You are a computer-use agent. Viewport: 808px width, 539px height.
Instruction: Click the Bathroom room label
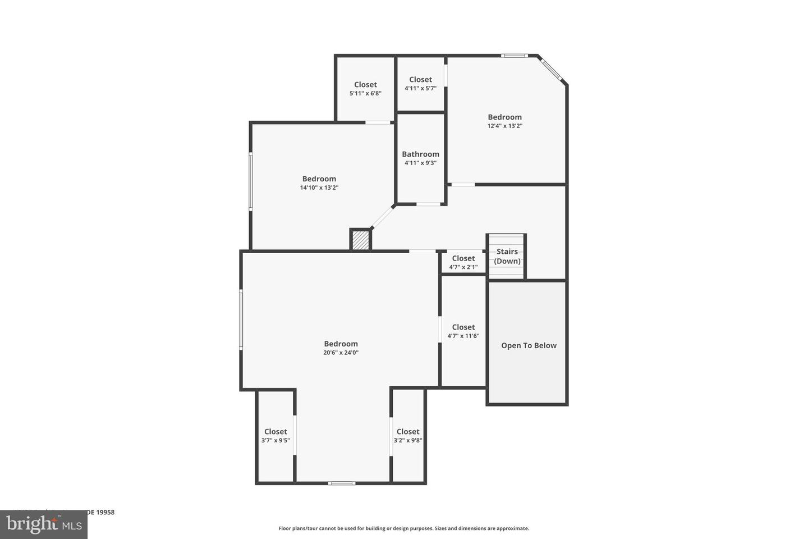tap(420, 154)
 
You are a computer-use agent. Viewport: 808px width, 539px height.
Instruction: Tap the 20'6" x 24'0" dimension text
tap(341, 353)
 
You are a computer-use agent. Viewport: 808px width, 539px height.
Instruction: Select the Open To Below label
tap(529, 346)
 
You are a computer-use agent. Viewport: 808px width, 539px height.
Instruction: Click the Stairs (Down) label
tap(507, 257)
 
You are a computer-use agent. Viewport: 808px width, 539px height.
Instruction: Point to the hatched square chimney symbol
tap(360, 240)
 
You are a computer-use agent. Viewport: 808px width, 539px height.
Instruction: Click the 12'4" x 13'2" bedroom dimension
tap(504, 126)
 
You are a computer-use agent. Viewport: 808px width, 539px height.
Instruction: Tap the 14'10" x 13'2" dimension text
tap(319, 188)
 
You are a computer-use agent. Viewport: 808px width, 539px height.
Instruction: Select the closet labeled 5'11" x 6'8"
tap(365, 89)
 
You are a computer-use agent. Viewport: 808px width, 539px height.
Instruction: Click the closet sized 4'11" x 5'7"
tap(420, 84)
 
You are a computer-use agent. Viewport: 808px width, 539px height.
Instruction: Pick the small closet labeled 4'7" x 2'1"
tap(463, 263)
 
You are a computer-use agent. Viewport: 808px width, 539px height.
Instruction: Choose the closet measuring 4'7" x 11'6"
tap(463, 331)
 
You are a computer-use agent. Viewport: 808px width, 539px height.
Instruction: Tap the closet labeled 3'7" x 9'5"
tap(276, 436)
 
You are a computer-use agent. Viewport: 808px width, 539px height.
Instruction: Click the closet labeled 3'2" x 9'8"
tap(408, 436)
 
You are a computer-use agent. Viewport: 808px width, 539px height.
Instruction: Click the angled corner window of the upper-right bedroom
tap(552, 69)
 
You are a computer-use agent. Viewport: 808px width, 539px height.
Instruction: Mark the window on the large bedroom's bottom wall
tap(341, 483)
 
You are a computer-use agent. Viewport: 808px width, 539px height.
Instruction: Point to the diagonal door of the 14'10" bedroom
tap(383, 217)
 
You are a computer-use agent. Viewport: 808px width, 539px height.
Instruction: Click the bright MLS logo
tap(44, 524)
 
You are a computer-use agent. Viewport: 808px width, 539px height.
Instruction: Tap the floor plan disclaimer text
tap(403, 528)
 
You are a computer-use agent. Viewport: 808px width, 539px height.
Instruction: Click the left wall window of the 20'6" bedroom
tap(241, 319)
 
